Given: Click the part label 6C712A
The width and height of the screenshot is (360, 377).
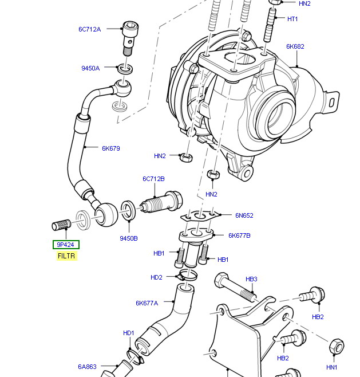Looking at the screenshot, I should pos(89,29).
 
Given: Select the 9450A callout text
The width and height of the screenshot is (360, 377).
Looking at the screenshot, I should pos(90,68).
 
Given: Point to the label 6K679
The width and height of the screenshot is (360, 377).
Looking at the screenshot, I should pos(111,148).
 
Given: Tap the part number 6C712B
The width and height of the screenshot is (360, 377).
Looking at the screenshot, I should pos(153,179).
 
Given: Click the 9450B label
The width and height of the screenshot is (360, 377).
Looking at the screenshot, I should pos(128,238).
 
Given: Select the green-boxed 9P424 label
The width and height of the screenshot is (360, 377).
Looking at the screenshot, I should pos(66,245).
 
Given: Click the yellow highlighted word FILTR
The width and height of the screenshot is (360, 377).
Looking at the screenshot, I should pos(66,256).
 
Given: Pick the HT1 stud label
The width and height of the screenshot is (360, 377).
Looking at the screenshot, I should pos(292,19).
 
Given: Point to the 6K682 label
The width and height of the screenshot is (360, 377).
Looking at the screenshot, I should pos(295,46).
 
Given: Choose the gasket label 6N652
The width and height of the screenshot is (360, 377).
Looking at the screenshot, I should pos(244,215).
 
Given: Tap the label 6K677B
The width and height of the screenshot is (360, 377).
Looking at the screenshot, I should pos(239,235).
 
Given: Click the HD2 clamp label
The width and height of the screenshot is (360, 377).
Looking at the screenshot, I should pos(156,277).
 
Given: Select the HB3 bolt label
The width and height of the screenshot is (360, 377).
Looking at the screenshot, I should pos(251,279).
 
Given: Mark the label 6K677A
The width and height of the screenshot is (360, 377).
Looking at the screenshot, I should pos(147,303).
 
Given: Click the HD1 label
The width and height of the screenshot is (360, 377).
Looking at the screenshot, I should pos(128,333).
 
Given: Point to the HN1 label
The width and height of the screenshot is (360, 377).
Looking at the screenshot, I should pos(332,367).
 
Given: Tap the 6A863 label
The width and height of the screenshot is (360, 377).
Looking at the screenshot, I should pos(88,367).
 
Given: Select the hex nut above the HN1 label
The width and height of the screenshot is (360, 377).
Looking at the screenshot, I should pos(337,347).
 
